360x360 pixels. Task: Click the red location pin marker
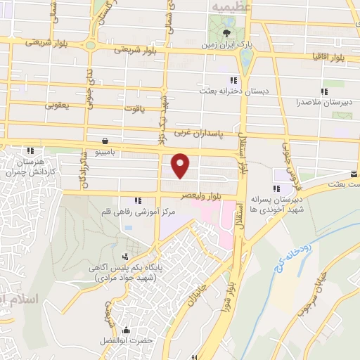tap(181, 165)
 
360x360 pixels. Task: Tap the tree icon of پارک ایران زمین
tap(226, 32)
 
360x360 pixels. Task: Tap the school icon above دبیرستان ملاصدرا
tap(324, 91)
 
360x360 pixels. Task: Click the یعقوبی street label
tap(60, 106)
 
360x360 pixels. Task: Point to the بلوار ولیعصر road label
tap(198, 197)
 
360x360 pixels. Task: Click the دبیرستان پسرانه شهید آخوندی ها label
tap(279, 203)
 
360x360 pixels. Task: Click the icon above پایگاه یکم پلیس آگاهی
tap(125, 257)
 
